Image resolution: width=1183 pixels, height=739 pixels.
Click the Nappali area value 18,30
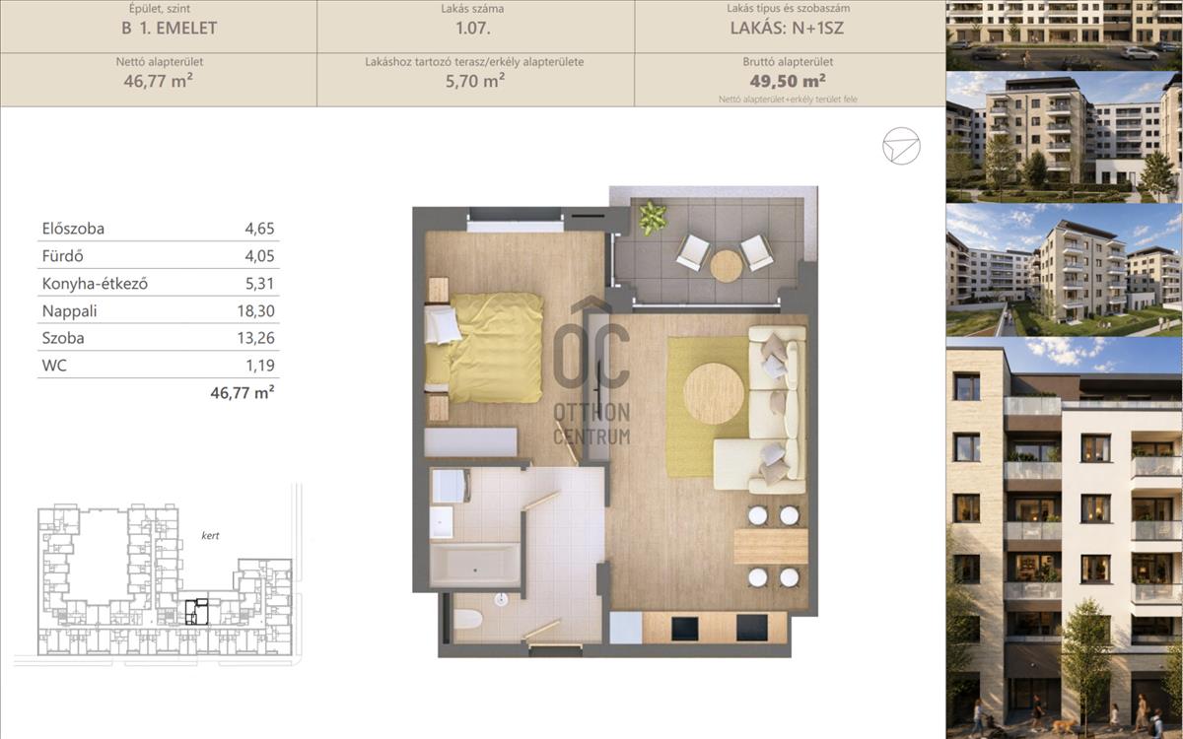tap(255, 311)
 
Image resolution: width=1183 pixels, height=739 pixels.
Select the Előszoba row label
tap(73, 229)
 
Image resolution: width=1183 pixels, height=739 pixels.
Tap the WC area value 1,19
tap(260, 366)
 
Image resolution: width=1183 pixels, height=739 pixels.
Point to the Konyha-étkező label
tap(95, 284)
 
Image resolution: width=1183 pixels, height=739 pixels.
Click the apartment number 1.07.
tap(472, 28)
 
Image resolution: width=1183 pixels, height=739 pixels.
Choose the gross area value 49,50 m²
tap(788, 81)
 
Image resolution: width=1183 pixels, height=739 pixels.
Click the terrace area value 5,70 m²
tap(475, 81)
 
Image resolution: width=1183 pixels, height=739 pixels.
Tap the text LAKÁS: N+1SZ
tap(787, 28)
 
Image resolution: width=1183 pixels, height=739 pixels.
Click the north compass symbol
tap(901, 146)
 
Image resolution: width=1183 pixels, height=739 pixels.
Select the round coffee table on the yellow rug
tap(714, 393)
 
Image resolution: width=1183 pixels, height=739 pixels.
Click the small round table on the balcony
tap(727, 265)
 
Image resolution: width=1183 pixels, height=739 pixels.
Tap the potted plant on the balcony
tap(653, 218)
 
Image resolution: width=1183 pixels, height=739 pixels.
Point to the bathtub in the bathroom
tap(475, 565)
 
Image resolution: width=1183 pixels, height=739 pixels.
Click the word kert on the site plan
tap(210, 535)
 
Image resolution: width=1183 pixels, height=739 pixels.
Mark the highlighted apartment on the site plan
tap(196, 612)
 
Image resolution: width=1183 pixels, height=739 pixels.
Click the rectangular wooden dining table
tap(771, 546)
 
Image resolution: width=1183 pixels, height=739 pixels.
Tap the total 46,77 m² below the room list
tap(243, 393)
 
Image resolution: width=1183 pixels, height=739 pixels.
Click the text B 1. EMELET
tap(169, 28)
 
